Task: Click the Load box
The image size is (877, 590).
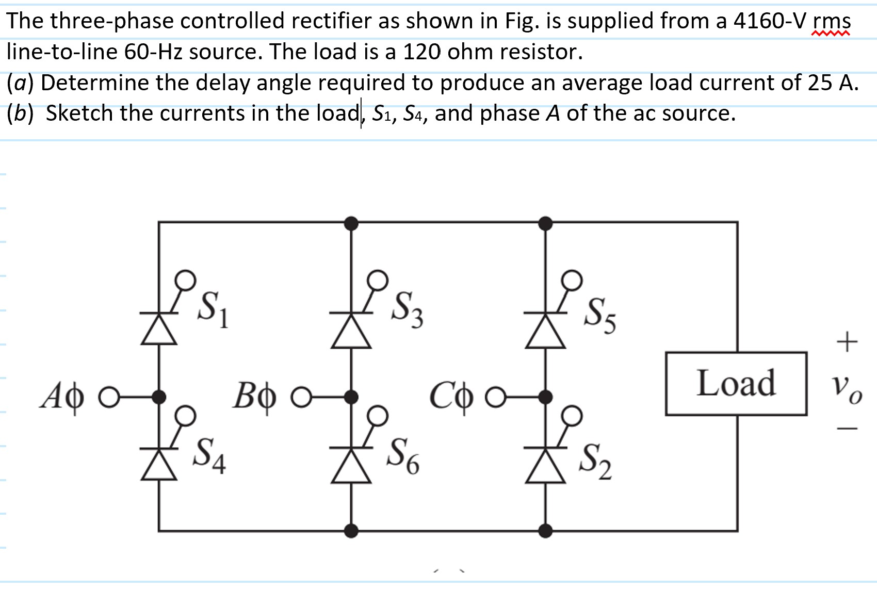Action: [x=736, y=383]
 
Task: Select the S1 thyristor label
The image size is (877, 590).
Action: [x=213, y=308]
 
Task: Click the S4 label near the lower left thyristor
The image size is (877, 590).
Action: [x=208, y=455]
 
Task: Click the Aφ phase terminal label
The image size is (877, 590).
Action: [x=62, y=397]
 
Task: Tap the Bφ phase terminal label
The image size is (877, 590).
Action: [x=254, y=397]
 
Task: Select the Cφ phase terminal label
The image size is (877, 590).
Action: [x=451, y=397]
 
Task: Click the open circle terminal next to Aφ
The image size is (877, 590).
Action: [x=109, y=397]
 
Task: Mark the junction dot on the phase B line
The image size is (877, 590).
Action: [x=351, y=397]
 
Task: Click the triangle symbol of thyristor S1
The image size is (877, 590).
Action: [x=159, y=330]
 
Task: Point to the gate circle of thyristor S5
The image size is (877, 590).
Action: [x=572, y=280]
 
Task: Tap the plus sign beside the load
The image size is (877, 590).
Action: [x=847, y=341]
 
